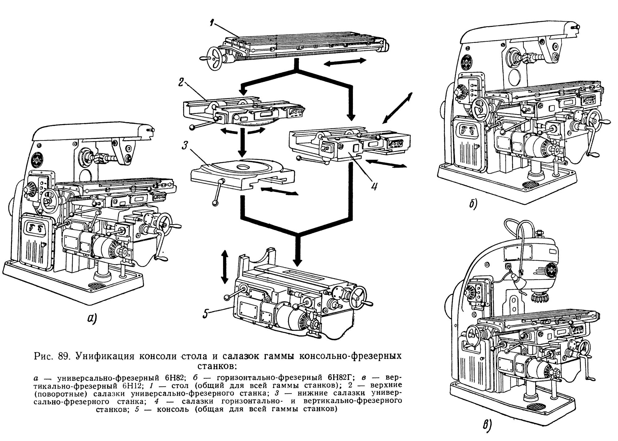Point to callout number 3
click(185, 145)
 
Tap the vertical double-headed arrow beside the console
click(225, 267)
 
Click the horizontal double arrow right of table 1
click(345, 62)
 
